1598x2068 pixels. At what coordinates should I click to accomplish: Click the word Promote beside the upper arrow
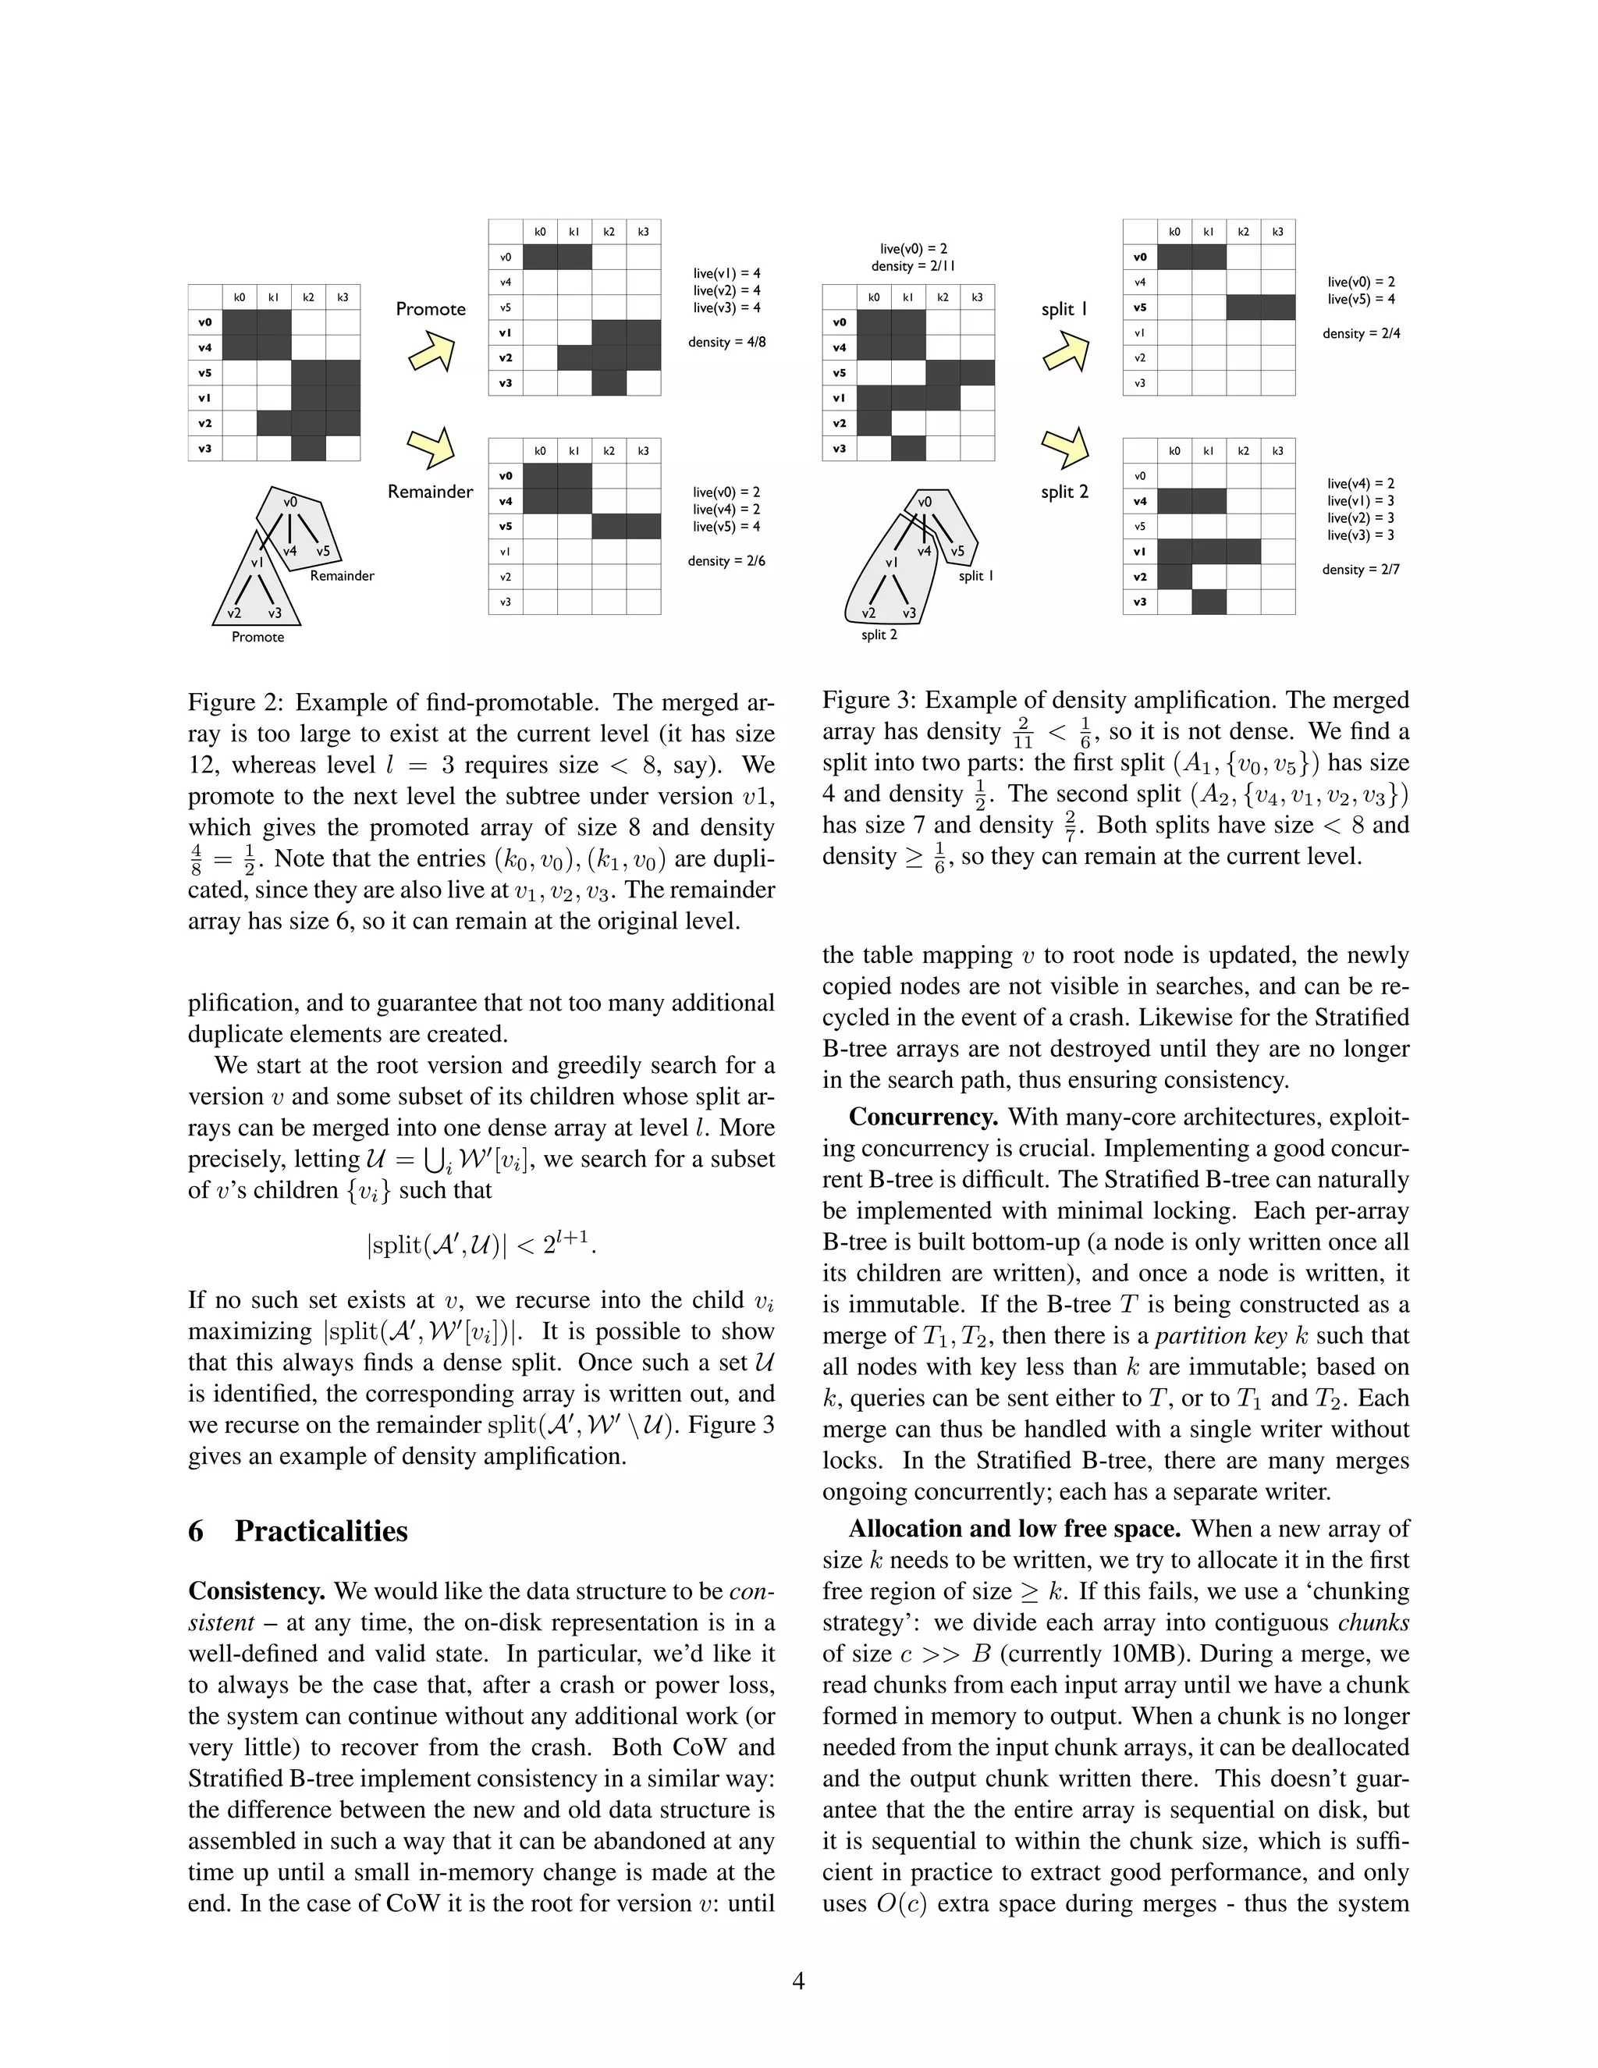coord(431,309)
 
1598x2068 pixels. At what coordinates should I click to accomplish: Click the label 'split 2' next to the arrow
coord(1064,492)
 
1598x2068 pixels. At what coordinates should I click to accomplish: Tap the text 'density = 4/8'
coord(726,342)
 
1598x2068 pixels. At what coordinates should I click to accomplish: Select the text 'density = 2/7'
coord(1360,569)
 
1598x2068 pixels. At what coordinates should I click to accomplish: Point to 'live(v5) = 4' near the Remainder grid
coord(726,527)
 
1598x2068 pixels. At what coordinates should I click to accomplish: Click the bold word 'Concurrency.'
coord(923,1117)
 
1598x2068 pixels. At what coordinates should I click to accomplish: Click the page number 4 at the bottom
coord(798,1981)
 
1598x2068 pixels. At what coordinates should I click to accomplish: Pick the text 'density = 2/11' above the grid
coord(913,266)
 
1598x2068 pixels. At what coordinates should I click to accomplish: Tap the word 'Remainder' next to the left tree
coord(342,576)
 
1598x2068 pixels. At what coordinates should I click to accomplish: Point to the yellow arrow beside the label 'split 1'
coord(1066,350)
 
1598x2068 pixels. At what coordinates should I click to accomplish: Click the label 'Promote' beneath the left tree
coord(257,638)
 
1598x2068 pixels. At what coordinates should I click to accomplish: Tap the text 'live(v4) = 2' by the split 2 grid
coord(1360,483)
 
